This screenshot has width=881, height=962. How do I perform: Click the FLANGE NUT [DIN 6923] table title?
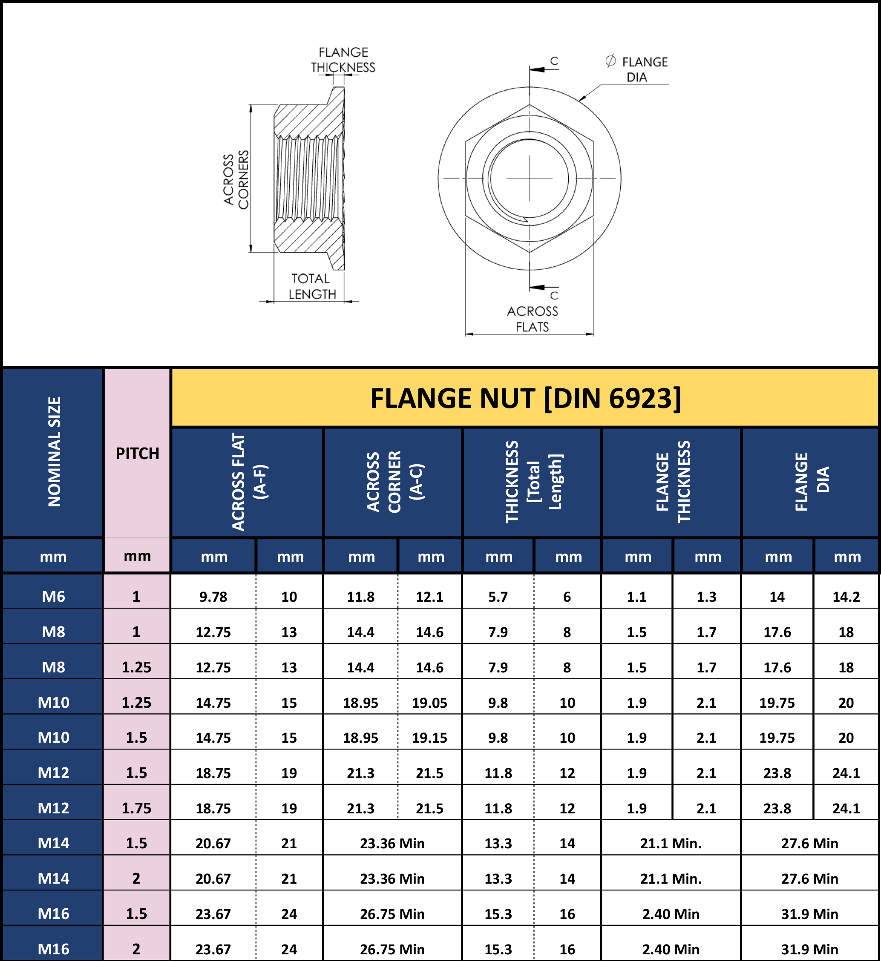[x=525, y=399]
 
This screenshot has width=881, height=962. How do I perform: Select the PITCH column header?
[x=137, y=454]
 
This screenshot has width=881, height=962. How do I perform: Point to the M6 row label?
[x=53, y=597]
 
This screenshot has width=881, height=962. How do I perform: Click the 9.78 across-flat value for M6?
[x=213, y=597]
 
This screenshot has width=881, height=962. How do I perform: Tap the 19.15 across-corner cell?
[x=429, y=738]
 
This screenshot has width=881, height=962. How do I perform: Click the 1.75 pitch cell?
[x=136, y=808]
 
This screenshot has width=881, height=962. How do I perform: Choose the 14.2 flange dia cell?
[x=846, y=597]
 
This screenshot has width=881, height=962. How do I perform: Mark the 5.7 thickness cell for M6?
[x=498, y=597]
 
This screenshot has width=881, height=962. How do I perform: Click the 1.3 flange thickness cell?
[x=707, y=597]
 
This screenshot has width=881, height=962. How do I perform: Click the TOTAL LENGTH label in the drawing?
[x=312, y=286]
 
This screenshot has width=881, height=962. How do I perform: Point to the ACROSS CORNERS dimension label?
[x=236, y=179]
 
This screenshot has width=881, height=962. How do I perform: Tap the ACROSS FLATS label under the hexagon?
[x=532, y=319]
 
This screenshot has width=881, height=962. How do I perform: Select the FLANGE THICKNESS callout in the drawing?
[x=343, y=60]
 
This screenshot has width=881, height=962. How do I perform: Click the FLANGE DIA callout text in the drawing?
[x=644, y=69]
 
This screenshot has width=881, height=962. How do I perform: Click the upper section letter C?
[x=554, y=60]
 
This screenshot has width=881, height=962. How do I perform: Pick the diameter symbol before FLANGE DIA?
[x=610, y=61]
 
